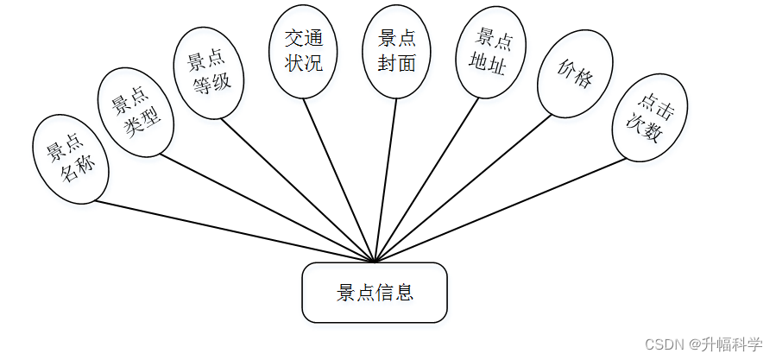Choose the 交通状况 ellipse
tap(303, 50)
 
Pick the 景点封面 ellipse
tap(397, 51)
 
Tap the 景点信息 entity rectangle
tap(374, 293)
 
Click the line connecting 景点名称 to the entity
tap(233, 231)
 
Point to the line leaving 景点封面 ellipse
tap(387, 173)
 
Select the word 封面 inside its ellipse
tap(397, 63)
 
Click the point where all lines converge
tap(374, 261)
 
